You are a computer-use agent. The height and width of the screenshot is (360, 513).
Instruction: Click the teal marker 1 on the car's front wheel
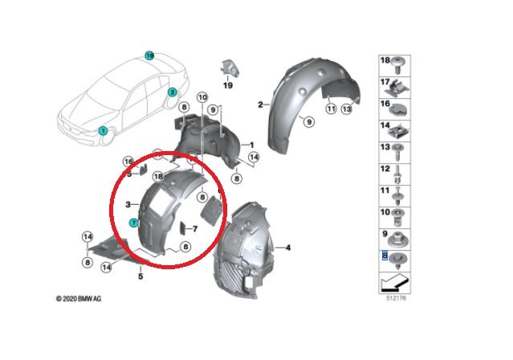click(x=103, y=130)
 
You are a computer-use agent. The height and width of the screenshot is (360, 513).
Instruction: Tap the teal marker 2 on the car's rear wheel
click(x=172, y=92)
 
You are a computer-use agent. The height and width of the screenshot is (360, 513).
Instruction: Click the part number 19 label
click(x=227, y=85)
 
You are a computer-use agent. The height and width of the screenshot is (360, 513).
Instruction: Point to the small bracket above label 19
click(x=228, y=67)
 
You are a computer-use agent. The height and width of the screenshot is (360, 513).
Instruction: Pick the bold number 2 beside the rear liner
click(x=260, y=104)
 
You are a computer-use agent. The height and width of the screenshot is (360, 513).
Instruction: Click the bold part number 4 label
click(x=288, y=247)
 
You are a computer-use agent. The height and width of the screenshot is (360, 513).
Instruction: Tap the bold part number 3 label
click(x=128, y=205)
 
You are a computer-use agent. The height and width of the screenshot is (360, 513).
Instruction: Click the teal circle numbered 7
click(x=134, y=222)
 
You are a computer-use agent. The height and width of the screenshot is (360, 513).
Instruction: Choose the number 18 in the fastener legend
click(x=385, y=60)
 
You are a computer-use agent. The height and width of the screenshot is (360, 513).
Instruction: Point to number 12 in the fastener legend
click(x=385, y=170)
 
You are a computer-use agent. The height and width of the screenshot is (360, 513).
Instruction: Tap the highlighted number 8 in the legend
click(x=385, y=254)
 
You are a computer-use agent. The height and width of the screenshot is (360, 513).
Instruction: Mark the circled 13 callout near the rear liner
click(x=347, y=108)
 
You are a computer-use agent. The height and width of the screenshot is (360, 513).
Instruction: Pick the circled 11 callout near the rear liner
click(x=330, y=108)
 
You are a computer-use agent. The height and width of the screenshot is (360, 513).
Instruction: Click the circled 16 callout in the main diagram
click(x=127, y=161)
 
